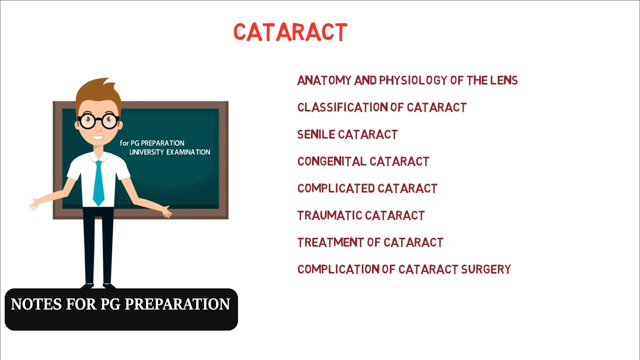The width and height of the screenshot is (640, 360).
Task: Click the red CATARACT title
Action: tap(290, 32)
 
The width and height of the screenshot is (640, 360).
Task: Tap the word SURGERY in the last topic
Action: tap(485, 269)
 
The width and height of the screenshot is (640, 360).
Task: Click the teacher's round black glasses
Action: tap(98, 120)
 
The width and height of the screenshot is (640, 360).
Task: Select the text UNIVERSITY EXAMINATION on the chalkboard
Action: tap(169, 152)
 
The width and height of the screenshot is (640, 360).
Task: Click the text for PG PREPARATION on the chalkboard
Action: tap(152, 143)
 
